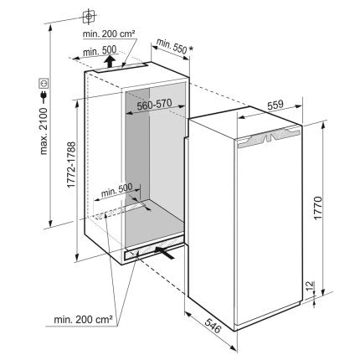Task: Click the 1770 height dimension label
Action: [317, 208]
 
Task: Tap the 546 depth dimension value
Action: [213, 326]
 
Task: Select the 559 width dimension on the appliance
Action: [275, 105]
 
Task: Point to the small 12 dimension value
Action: [311, 286]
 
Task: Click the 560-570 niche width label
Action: [154, 105]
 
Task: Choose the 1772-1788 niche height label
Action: [71, 165]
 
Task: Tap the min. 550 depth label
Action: [171, 46]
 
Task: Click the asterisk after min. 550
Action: [191, 49]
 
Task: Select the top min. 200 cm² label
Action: [109, 34]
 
